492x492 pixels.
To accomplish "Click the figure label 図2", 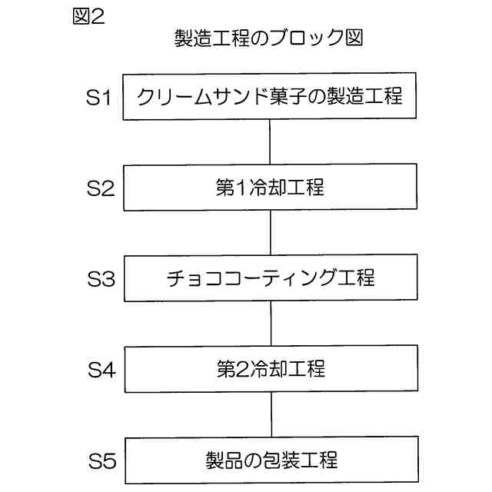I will (x=87, y=16).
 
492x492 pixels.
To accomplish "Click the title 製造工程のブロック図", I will (x=268, y=39).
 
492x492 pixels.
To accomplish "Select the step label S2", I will (x=100, y=188).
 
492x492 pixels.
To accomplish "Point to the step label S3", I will (x=100, y=279).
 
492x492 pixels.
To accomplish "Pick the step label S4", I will (x=100, y=370).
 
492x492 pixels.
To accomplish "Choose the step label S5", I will (x=100, y=461).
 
